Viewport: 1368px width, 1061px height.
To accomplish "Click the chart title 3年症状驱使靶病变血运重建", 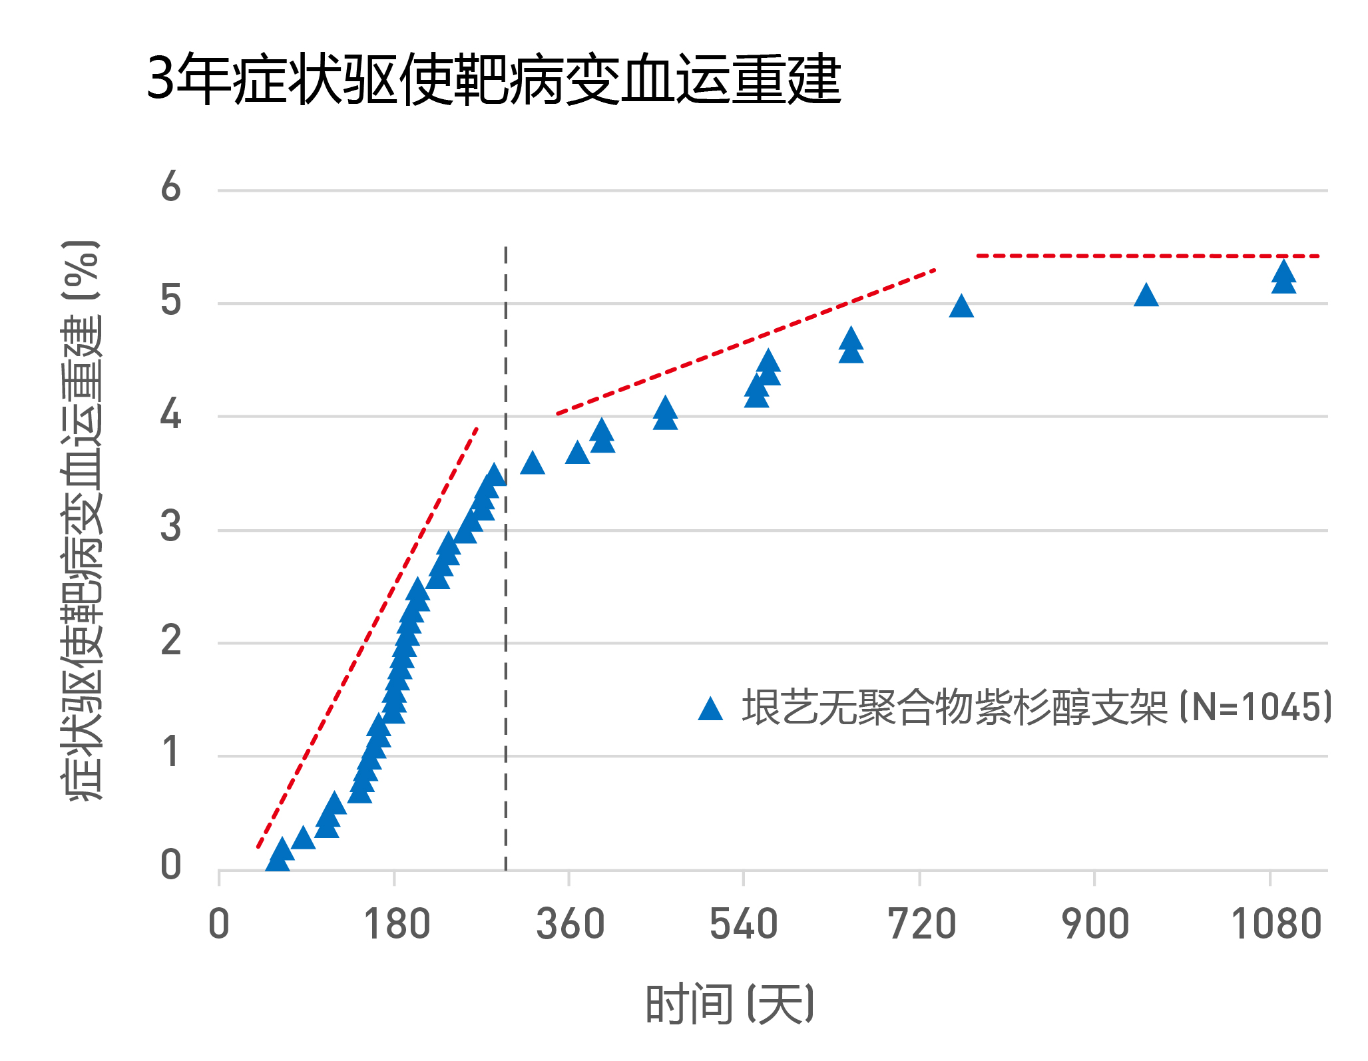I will (493, 80).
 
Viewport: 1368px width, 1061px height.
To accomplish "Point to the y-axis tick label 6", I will (171, 187).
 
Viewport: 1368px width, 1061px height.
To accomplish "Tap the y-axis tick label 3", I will (171, 527).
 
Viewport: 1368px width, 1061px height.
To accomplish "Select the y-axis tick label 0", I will (171, 865).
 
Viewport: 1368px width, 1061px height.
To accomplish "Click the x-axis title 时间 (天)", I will (730, 1004).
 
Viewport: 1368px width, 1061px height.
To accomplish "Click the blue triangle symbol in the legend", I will (710, 709).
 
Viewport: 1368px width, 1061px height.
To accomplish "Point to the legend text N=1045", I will (1255, 707).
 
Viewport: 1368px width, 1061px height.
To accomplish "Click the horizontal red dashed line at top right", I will (1145, 256).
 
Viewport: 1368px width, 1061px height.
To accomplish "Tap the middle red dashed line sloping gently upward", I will (746, 341).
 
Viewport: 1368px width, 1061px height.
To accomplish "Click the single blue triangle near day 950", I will (1146, 295).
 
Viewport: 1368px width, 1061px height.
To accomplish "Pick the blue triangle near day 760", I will (961, 306).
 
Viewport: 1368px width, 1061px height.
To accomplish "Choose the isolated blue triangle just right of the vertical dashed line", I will (533, 463).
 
